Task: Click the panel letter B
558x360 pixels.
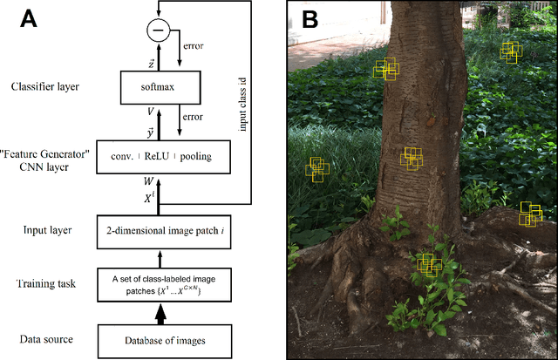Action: click(x=309, y=18)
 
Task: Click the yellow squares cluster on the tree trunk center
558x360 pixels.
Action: click(x=412, y=158)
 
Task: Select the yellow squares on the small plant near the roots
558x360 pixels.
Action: click(x=427, y=264)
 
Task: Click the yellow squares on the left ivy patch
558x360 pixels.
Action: click(x=318, y=170)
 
